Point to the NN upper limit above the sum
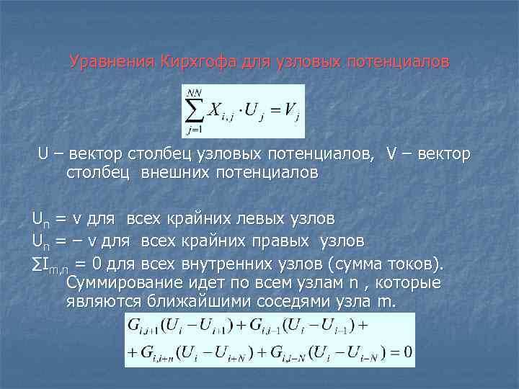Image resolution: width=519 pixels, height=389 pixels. [x=193, y=92]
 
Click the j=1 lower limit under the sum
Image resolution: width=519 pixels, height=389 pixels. [x=194, y=130]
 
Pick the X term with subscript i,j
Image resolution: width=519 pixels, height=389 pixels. [x=221, y=112]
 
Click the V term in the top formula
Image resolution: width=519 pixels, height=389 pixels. [x=290, y=112]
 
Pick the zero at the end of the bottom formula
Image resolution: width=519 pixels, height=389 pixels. [x=407, y=353]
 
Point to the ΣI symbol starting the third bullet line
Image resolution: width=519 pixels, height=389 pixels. [x=40, y=260]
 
